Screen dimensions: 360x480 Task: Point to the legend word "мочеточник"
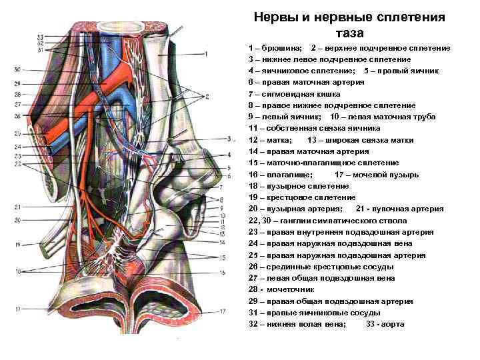292,290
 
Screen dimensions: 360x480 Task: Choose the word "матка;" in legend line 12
281,140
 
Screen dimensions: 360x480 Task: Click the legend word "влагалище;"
286,175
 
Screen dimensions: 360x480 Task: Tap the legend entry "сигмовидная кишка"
299,94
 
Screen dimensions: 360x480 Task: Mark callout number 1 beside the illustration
207,53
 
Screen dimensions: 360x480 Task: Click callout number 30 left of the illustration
17,69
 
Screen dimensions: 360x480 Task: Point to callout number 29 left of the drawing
17,83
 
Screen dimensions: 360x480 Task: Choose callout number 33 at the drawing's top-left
41,37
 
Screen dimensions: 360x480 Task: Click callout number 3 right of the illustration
229,139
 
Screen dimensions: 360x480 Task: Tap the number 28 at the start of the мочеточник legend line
253,290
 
